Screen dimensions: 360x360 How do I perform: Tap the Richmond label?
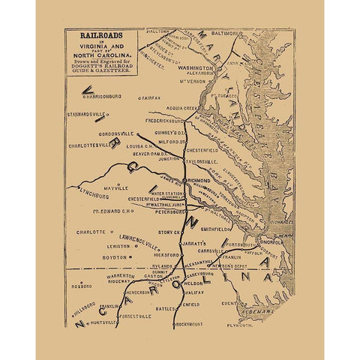pyautogui.click(x=199, y=181)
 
